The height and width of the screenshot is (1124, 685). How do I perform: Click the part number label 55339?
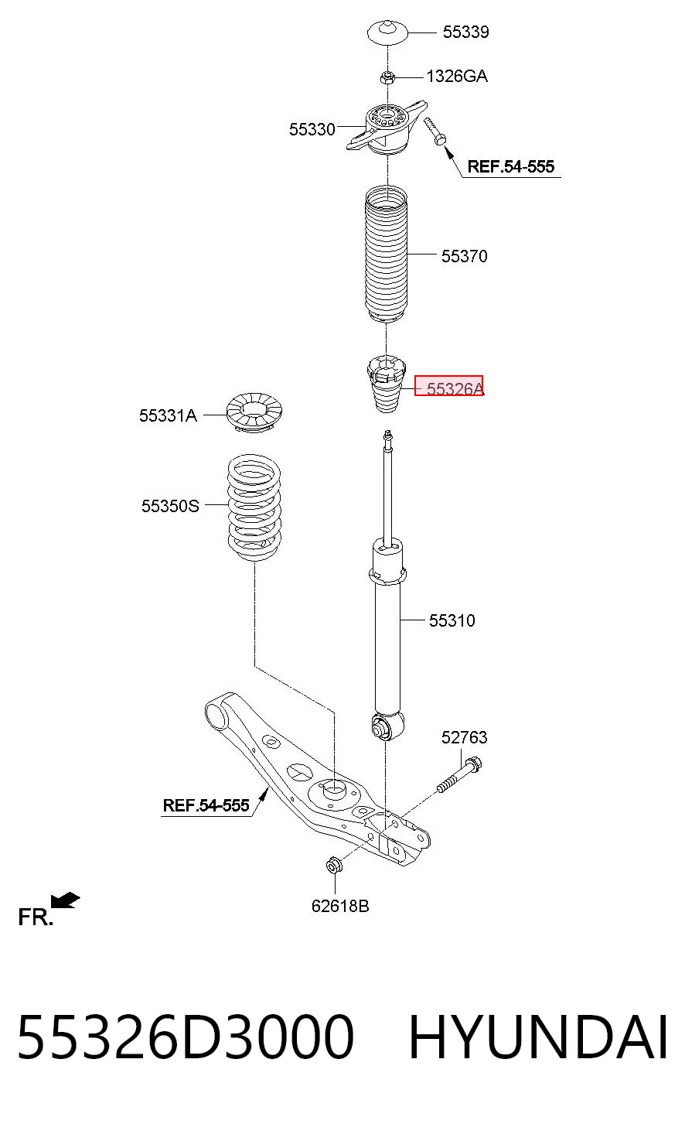point(465,32)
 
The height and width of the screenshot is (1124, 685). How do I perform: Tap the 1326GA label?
point(457,77)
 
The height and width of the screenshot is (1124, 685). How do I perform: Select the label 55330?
point(312,129)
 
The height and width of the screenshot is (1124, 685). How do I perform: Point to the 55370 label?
point(465,256)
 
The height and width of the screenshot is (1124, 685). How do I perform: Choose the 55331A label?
point(168,416)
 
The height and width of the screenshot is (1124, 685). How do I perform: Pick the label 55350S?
point(170,506)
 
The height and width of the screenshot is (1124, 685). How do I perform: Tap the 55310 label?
point(452,620)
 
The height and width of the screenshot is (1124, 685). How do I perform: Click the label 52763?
point(465,738)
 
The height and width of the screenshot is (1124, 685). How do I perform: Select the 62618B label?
point(340,906)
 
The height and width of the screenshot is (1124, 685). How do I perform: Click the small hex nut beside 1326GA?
point(387,77)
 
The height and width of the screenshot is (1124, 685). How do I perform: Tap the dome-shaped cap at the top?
point(387,32)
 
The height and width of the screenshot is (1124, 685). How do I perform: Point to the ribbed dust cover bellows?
point(386,255)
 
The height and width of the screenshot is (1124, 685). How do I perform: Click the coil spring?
point(254,507)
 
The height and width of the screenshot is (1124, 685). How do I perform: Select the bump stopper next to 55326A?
point(386,384)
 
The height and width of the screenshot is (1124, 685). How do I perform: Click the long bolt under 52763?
point(459,775)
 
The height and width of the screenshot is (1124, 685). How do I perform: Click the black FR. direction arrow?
point(65,900)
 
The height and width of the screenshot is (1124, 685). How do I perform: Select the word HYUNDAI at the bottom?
point(539,1037)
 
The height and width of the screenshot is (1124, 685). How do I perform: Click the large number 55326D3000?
point(186,1037)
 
